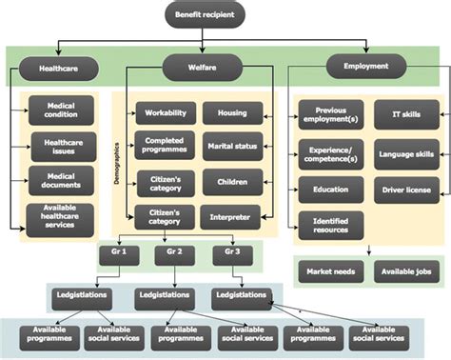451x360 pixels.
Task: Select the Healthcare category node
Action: [x=59, y=70]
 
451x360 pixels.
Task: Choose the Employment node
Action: [x=366, y=66]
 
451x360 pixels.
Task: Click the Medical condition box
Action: [x=61, y=111]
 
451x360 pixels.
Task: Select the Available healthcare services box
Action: [x=61, y=218]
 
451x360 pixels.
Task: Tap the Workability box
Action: [x=166, y=113]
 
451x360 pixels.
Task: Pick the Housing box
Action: [x=232, y=113]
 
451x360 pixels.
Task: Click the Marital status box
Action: [x=232, y=147]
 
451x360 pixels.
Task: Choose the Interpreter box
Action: [x=232, y=218]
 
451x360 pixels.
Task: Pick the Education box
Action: [x=330, y=190]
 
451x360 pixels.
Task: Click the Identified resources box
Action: [x=330, y=225]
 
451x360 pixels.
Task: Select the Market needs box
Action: [x=330, y=272]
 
